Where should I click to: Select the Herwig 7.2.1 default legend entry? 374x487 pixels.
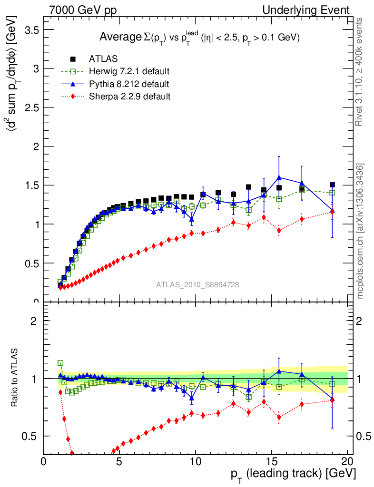click(129, 72)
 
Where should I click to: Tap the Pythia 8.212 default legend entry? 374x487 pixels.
click(128, 84)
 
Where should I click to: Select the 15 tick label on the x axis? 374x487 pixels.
click(271, 461)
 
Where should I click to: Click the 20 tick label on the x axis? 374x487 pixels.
click(347, 461)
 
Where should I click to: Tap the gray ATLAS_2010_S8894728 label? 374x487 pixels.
click(197, 285)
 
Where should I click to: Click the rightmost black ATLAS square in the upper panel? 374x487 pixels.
click(332, 185)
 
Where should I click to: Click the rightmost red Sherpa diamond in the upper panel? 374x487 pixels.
click(332, 212)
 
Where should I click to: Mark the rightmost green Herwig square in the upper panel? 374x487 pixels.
click(332, 193)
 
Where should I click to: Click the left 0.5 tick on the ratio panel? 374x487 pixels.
click(31, 436)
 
